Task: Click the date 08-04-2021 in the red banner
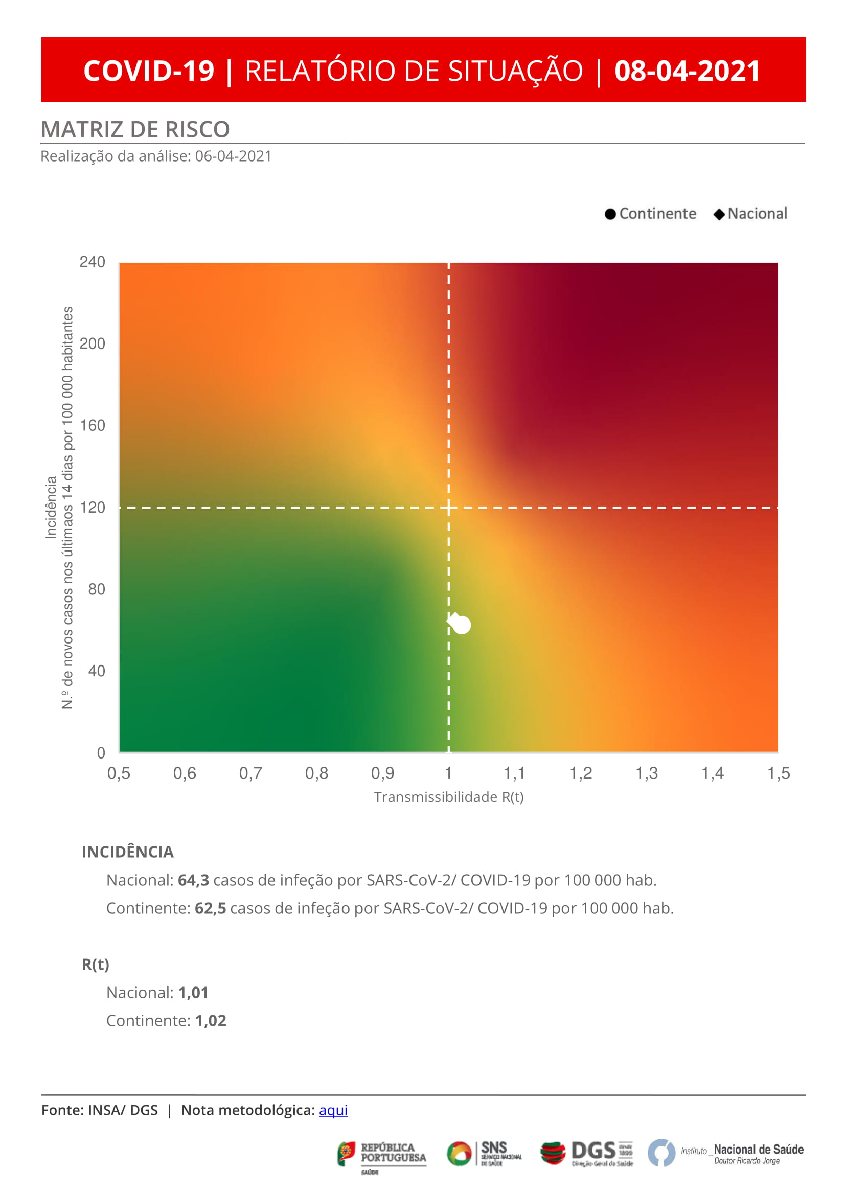(687, 71)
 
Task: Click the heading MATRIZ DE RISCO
(135, 129)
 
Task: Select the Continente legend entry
(650, 214)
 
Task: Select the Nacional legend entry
(750, 214)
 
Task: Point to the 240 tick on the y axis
(92, 262)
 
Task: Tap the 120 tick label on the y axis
(92, 507)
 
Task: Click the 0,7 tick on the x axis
(250, 774)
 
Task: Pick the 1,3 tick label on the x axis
(646, 774)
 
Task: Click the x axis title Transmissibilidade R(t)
(448, 797)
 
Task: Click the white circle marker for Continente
(462, 625)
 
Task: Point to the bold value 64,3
(193, 880)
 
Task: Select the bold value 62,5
(210, 908)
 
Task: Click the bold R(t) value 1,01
(193, 992)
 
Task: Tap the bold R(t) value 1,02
(210, 1020)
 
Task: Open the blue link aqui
(333, 1110)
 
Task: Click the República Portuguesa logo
(382, 1154)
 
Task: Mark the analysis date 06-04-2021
(233, 156)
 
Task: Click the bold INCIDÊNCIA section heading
(127, 852)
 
